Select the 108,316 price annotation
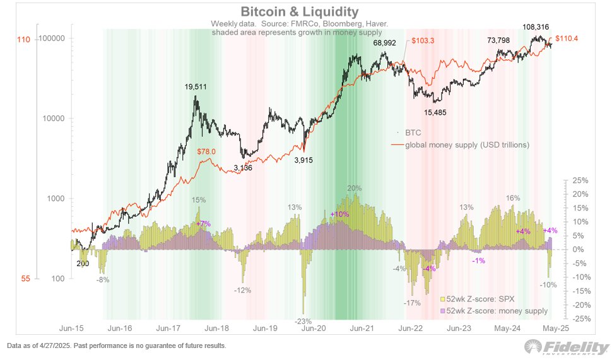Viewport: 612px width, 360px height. click(x=538, y=28)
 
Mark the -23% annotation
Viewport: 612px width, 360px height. click(x=304, y=322)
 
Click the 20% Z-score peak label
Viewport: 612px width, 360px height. click(x=354, y=188)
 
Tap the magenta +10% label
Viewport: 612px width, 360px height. click(x=339, y=214)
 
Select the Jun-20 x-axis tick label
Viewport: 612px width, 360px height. click(x=312, y=328)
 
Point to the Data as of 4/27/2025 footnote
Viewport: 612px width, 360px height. click(x=116, y=346)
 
